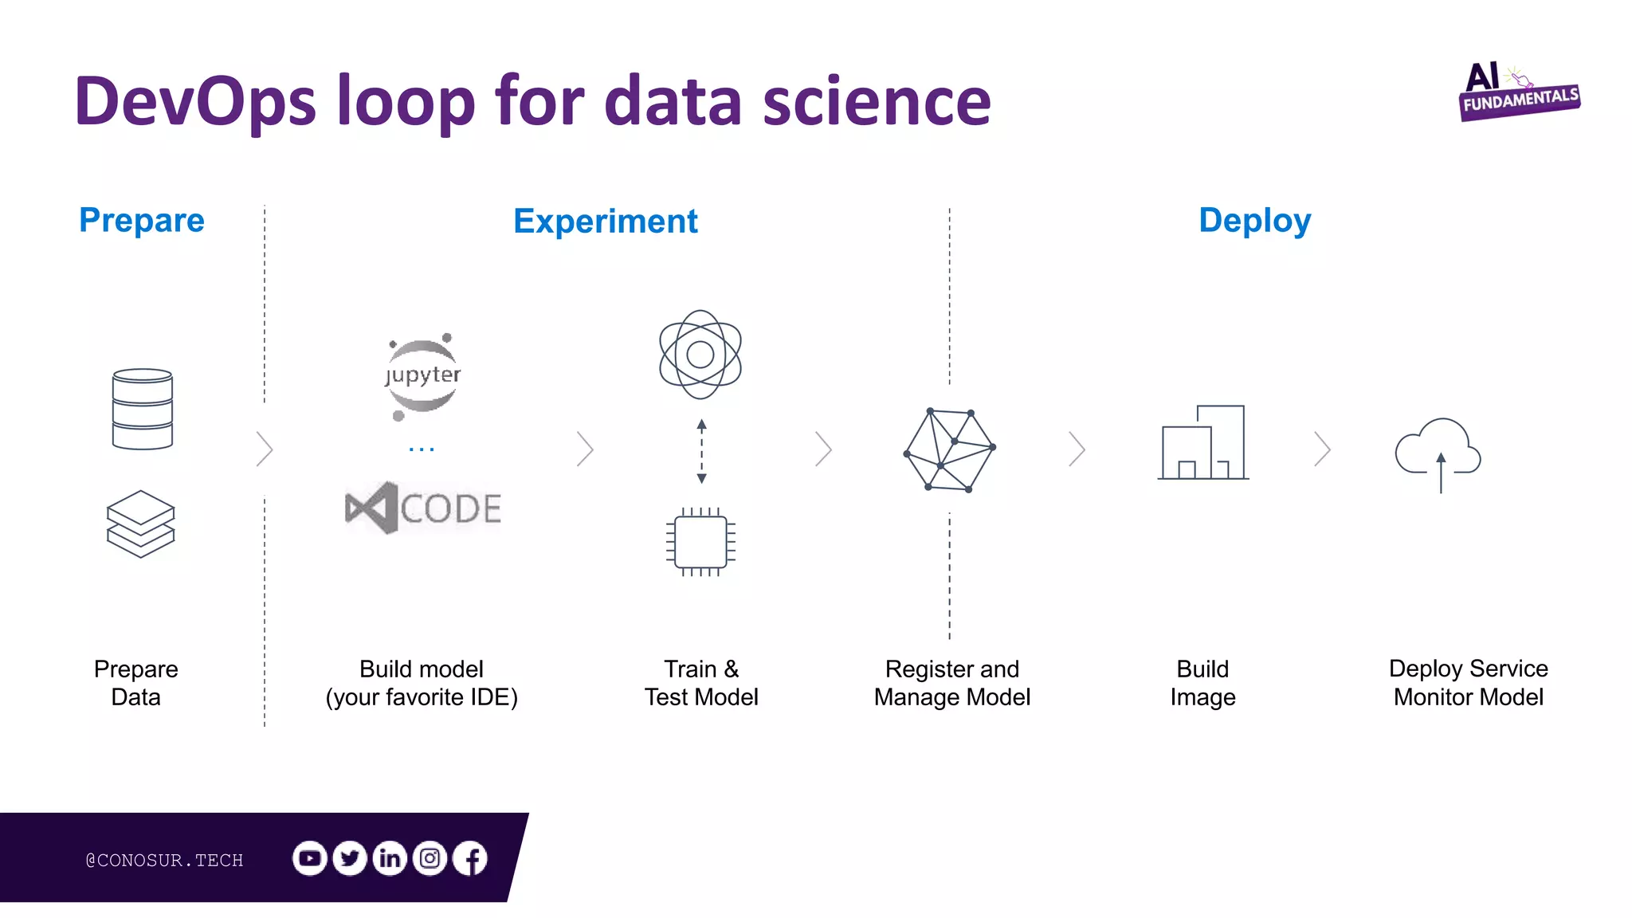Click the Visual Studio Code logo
coord(423,508)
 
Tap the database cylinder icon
coord(143,409)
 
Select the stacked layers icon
coord(141,524)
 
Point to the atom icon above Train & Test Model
coord(700,355)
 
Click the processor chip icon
coord(700,542)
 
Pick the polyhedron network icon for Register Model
coord(950,450)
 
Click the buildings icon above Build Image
coord(1203,443)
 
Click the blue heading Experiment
coord(606,222)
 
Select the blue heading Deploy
coord(1254,221)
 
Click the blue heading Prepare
coord(142,221)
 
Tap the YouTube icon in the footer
coord(310,858)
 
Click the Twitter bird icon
coord(350,858)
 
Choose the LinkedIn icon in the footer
coord(390,858)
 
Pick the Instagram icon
coord(430,858)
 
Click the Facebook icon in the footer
coord(471,858)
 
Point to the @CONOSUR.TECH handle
coord(164,861)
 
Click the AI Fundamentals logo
coord(1519,92)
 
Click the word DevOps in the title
coord(196,101)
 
